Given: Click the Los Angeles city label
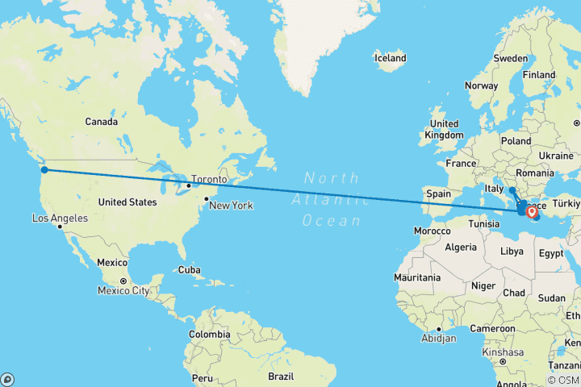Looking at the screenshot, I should pos(60,218).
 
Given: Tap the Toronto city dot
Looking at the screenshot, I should pos(188,185).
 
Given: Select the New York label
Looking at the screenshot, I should pos(231,206).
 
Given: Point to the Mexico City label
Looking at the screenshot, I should pos(123,290).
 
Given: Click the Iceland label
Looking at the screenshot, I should pos(390,58).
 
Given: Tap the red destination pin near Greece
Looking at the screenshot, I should pos(531,212).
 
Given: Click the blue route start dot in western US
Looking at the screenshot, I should pos(44,169).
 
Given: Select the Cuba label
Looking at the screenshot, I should pos(190,269).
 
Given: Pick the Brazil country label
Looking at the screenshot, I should pos(281,376).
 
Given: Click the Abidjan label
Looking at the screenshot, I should pos(439,339).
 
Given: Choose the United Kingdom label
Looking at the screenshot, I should pos(444,129).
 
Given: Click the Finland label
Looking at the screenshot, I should pos(539,74).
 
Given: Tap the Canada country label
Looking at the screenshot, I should pos(102,122).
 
